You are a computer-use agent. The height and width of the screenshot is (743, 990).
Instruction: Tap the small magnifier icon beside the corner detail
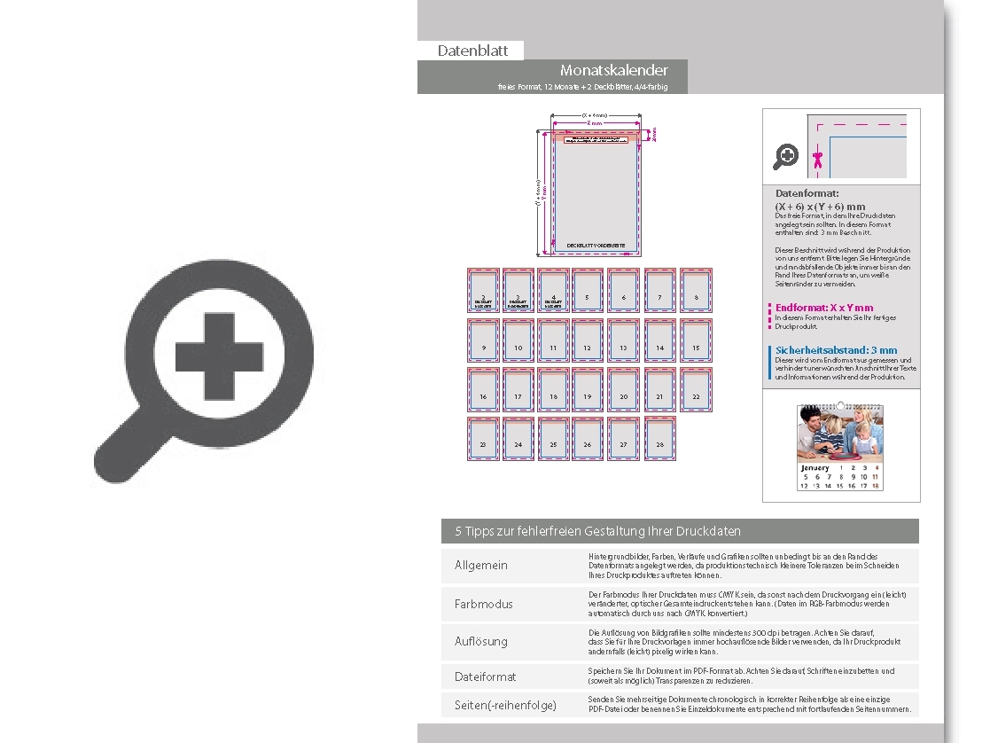pos(785,157)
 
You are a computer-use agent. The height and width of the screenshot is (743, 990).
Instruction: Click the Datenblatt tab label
pos(472,51)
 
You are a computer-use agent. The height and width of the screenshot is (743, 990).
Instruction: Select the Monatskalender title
pos(613,70)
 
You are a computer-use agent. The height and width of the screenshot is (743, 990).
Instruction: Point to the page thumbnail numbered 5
pos(587,290)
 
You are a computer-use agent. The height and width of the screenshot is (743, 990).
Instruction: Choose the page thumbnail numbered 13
pos(623,340)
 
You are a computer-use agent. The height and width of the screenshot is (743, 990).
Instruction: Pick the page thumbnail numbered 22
pos(696,389)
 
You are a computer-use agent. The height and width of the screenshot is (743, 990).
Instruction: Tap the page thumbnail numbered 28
pos(659,438)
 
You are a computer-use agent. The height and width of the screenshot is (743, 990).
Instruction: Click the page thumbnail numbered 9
pos(483,340)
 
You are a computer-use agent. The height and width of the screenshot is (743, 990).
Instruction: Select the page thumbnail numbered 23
pos(483,438)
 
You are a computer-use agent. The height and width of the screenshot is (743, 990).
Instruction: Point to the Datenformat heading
pos(807,193)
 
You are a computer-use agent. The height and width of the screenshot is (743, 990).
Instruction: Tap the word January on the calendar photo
pos(815,467)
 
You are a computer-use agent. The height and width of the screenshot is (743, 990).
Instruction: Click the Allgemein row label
pos(481,566)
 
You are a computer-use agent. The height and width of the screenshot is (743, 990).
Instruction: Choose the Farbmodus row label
pos(484,604)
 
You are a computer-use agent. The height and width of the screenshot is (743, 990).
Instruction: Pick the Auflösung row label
pos(481,641)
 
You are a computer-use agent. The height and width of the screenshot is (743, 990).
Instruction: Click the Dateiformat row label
pos(485,677)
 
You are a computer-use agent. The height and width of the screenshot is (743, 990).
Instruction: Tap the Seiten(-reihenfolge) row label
pos(505,705)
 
